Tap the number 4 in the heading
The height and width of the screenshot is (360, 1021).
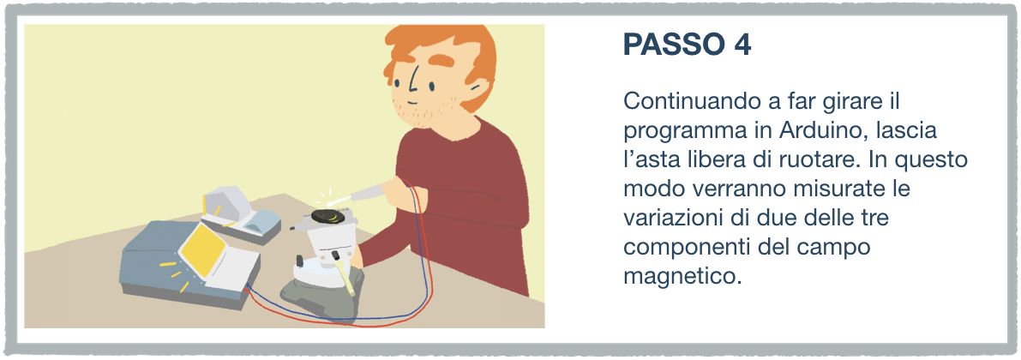coord(742,45)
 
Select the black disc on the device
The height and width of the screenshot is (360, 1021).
coord(329,216)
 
